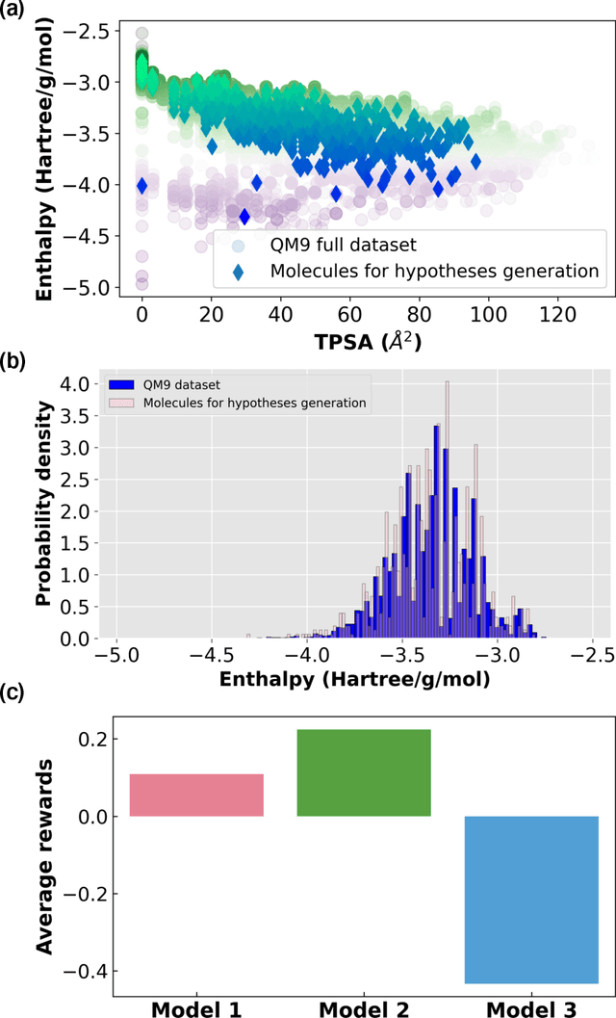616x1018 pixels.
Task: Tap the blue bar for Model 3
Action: click(531, 899)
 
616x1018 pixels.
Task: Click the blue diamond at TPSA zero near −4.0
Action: click(142, 185)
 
